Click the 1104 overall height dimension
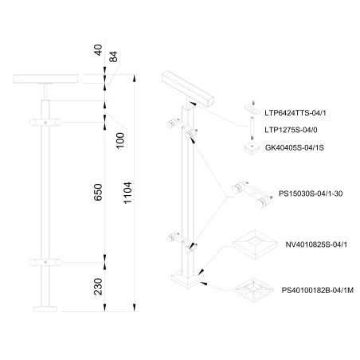(x=128, y=193)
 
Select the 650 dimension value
(x=98, y=192)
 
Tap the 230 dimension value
(x=98, y=287)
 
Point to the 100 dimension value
(x=120, y=140)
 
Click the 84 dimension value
(x=113, y=57)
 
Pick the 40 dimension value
(x=98, y=50)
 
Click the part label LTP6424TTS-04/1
(x=295, y=113)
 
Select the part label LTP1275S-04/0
(x=291, y=130)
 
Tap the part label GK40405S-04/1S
(x=295, y=147)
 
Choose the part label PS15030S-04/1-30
(x=311, y=194)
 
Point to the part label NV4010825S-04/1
(x=316, y=245)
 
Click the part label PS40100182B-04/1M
(x=318, y=291)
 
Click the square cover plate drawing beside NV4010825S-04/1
(x=255, y=245)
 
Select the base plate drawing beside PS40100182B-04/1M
(x=253, y=290)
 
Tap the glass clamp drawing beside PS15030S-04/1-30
(x=252, y=195)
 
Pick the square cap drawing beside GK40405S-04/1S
(x=252, y=148)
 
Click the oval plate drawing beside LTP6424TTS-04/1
(x=252, y=109)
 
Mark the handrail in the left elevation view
(x=45, y=79)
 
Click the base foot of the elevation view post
(x=45, y=309)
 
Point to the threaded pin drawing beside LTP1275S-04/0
(x=252, y=128)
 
